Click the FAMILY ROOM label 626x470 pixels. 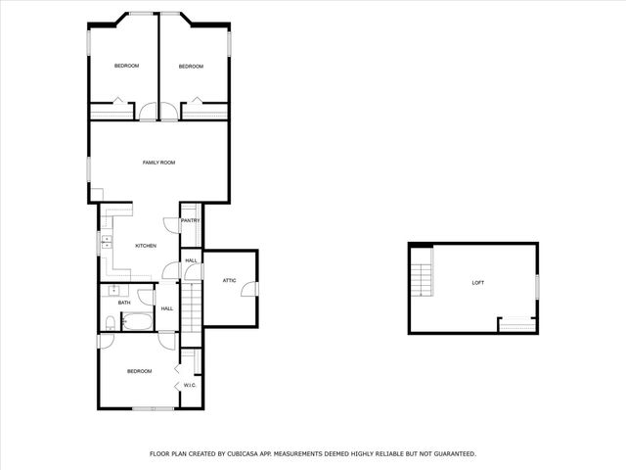pyautogui.click(x=158, y=163)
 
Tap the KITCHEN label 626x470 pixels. pyautogui.click(x=146, y=246)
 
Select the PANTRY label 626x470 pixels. pyautogui.click(x=190, y=221)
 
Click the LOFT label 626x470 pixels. pyautogui.click(x=477, y=283)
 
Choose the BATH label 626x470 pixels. pyautogui.click(x=124, y=303)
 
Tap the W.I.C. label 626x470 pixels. pyautogui.click(x=190, y=385)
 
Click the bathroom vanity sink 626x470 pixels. pyautogui.click(x=114, y=290)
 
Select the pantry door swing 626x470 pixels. pyautogui.click(x=169, y=224)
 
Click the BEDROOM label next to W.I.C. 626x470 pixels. pyautogui.click(x=139, y=371)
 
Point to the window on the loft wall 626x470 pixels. pyautogui.click(x=537, y=283)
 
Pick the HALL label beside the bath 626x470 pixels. pyautogui.click(x=167, y=309)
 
